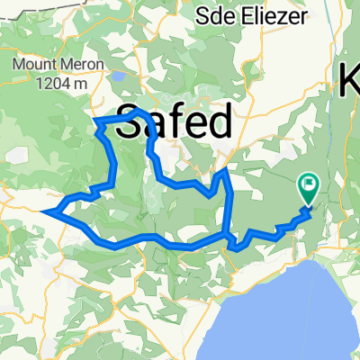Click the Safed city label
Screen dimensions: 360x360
tap(175, 122)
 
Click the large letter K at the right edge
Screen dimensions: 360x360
tap(349, 83)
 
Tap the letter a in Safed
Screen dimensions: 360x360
tap(155, 126)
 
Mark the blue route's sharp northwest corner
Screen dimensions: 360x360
tap(95, 121)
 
